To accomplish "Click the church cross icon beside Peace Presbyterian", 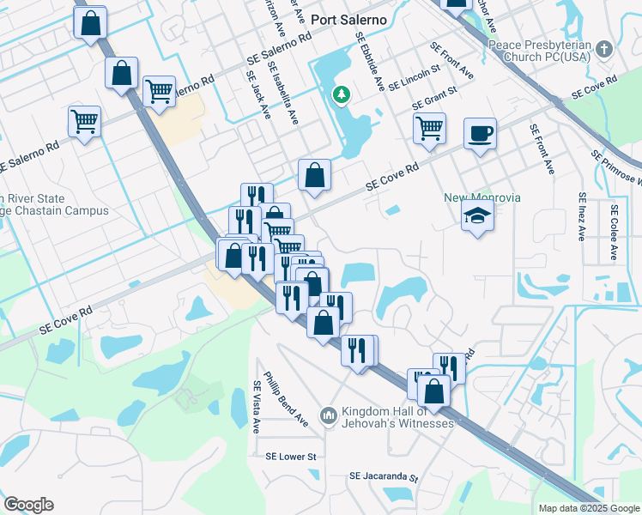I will tap(605, 48).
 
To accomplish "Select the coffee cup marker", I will tap(481, 134).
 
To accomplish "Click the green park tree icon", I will tap(342, 94).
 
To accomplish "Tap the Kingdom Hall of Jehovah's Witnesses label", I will tap(397, 417).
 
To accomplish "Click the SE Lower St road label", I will tap(291, 457).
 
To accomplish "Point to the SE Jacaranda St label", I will tap(383, 477).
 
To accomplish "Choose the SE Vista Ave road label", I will tap(256, 407).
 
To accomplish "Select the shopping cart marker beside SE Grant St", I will tap(429, 129).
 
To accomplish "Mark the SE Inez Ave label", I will tap(582, 216).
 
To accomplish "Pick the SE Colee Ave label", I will tap(614, 232).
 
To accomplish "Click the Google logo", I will tap(28, 505).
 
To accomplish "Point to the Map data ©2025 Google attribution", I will tap(589, 508).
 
